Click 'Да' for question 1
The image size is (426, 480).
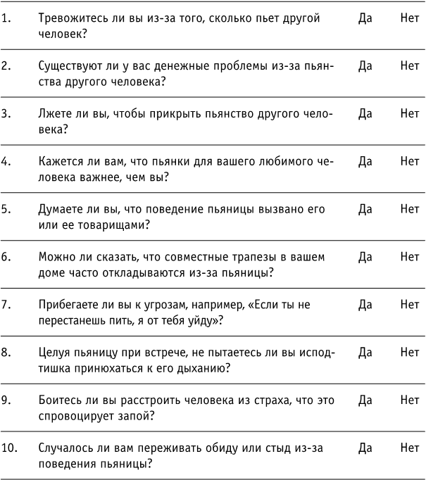(365, 18)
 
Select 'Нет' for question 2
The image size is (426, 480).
(409, 65)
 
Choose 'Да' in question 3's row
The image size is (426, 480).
(365, 113)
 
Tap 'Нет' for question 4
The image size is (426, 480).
(409, 160)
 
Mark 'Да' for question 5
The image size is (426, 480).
(365, 208)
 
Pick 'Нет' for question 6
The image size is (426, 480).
(409, 256)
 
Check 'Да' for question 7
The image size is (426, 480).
(365, 304)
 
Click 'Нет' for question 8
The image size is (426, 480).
(409, 352)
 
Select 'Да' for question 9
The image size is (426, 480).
(365, 400)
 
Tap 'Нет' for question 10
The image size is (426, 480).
(409, 448)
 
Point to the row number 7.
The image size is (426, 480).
(6, 304)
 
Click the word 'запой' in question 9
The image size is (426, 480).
(138, 416)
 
